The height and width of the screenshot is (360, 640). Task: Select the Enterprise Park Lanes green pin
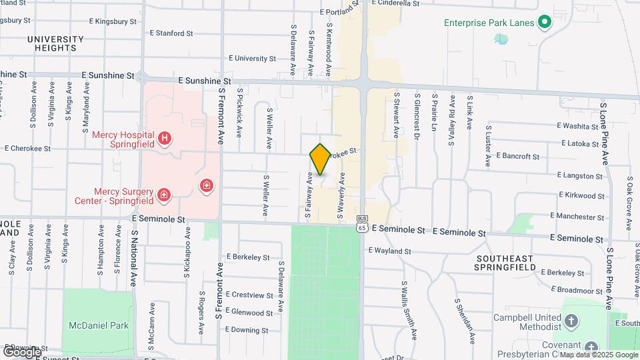point(544,23)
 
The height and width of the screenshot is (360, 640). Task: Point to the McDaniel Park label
point(99,325)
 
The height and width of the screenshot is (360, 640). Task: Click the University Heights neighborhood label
point(56,43)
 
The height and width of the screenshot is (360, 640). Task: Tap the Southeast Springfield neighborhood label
point(505,263)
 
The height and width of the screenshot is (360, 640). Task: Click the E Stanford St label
point(171,32)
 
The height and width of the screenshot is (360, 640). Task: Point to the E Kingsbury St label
point(114,21)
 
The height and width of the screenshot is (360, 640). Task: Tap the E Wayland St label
point(389,251)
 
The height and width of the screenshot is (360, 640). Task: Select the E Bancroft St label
point(518,157)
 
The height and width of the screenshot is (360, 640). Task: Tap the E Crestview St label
point(250,295)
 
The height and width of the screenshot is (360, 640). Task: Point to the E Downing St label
point(247,330)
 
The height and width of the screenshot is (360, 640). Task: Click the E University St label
point(251,59)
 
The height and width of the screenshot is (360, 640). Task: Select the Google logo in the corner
point(23,351)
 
